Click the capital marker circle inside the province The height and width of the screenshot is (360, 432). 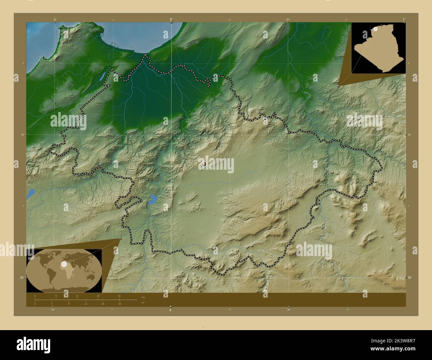204,164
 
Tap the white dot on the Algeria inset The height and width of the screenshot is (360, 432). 375,30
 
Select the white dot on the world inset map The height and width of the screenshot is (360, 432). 63,264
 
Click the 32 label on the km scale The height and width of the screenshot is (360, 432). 119,296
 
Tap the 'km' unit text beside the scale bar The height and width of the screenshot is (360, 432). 143,297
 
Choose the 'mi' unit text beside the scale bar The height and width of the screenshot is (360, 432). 143,303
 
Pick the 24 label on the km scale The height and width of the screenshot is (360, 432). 98,296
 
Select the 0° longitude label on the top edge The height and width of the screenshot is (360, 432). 171,20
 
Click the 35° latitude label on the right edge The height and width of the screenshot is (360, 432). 410,278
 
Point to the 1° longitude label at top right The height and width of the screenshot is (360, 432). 403,19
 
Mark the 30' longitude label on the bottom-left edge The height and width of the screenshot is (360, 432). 53,310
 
